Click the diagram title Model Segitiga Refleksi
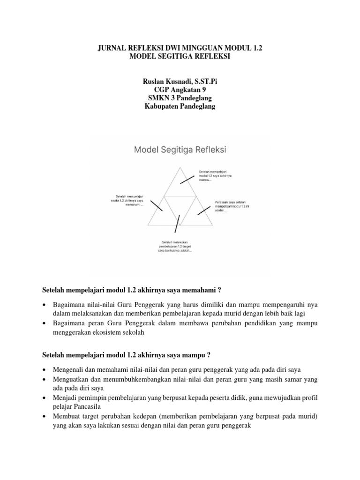tap(180, 150)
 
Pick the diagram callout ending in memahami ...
tap(127, 201)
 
